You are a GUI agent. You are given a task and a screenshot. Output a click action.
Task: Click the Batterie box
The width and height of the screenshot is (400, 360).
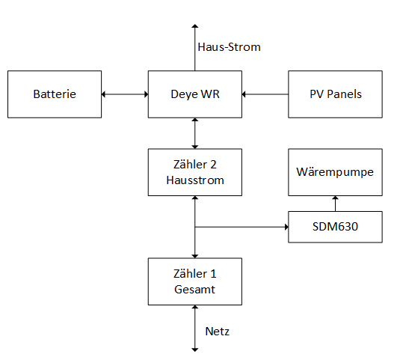click(54, 94)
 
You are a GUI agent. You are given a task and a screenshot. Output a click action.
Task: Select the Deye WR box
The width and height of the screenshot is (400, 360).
click(195, 94)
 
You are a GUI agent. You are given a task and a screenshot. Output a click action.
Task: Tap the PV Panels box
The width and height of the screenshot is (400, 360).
click(335, 94)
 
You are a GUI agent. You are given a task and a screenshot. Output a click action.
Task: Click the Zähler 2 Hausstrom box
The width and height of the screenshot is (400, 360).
click(195, 173)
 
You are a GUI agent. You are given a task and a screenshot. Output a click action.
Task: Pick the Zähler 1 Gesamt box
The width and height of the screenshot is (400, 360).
click(195, 281)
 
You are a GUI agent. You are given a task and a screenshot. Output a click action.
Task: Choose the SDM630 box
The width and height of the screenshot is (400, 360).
click(335, 225)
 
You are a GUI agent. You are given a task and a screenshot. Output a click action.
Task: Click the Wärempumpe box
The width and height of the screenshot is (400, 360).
click(335, 173)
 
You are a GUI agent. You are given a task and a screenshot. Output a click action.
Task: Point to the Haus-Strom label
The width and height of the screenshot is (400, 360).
click(229, 47)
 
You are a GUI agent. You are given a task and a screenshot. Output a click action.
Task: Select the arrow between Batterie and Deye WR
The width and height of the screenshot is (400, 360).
click(125, 94)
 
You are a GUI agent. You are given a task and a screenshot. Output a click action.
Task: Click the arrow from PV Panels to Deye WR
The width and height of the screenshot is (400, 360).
click(265, 94)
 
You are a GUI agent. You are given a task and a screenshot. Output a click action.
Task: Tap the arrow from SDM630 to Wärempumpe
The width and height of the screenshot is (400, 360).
click(335, 204)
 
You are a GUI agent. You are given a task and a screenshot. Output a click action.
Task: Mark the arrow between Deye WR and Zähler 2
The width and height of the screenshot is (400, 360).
click(195, 133)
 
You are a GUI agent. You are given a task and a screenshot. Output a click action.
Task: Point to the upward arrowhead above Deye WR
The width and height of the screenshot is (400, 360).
click(195, 25)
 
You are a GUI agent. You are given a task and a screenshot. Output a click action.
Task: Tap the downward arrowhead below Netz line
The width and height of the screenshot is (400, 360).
click(195, 348)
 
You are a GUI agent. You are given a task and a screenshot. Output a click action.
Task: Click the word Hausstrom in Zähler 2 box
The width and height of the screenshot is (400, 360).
click(195, 180)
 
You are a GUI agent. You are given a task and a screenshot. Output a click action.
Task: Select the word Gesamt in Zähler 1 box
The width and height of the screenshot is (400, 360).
click(195, 289)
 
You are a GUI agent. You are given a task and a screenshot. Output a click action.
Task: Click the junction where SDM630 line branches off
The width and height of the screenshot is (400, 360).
click(195, 225)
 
